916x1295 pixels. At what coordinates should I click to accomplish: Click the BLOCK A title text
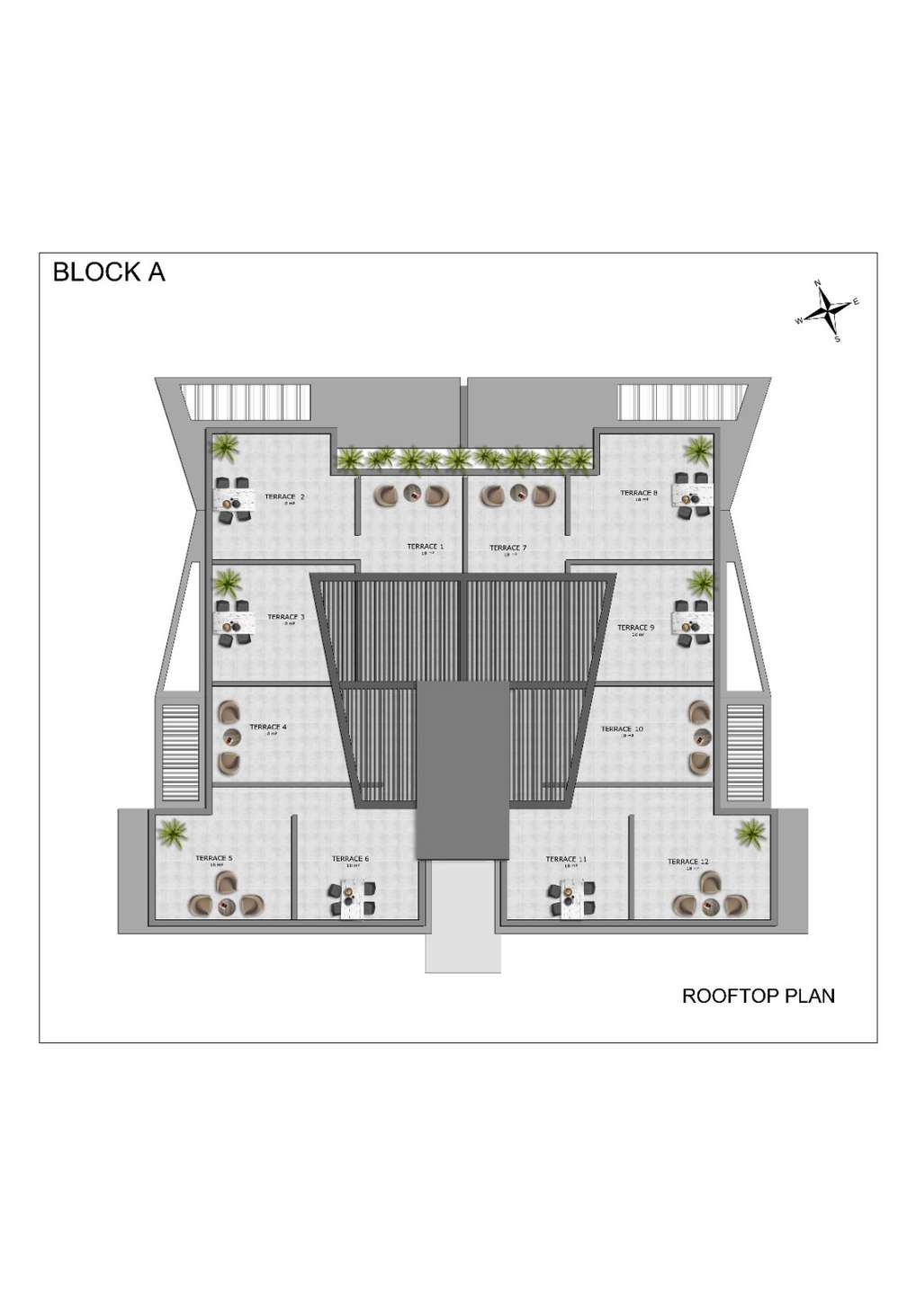tap(109, 272)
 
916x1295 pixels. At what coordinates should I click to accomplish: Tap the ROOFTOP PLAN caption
tap(758, 996)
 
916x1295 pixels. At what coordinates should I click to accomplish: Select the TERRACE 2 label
tap(284, 496)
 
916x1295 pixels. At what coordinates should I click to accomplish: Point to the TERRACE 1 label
tap(425, 546)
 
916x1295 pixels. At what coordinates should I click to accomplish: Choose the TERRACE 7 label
tap(507, 547)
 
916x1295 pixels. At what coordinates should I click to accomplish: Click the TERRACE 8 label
tap(639, 493)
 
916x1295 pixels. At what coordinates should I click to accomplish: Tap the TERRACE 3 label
tap(286, 617)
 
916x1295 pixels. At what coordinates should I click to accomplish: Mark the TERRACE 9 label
tap(635, 627)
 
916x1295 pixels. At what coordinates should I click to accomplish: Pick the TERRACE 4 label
tap(268, 727)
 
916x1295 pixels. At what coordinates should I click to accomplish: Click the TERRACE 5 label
tap(214, 858)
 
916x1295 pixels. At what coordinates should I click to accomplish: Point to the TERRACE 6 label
tap(350, 859)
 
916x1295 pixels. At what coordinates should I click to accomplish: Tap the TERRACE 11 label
tap(566, 859)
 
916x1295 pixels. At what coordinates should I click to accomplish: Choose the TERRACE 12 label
tap(687, 862)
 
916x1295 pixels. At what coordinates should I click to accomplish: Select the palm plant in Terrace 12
tap(750, 833)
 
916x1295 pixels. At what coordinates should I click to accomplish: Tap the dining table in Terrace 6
tap(350, 898)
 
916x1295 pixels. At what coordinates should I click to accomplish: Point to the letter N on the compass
tap(818, 283)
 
